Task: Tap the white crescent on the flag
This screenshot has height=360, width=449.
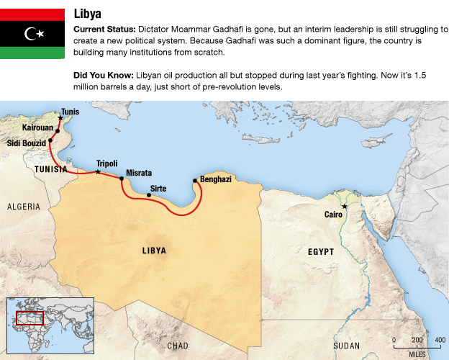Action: point(30,33)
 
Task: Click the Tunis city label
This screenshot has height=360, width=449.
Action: point(71,112)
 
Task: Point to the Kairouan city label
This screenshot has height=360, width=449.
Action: point(37,127)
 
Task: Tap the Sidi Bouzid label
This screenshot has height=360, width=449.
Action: point(26,144)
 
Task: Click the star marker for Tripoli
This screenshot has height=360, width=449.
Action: point(98,171)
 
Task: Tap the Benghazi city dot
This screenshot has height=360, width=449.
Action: point(195,180)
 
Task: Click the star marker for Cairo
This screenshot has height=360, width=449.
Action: point(345,207)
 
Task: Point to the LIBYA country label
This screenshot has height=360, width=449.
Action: point(154,251)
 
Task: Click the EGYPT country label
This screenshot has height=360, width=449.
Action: point(321,252)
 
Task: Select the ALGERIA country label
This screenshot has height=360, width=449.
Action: point(24,207)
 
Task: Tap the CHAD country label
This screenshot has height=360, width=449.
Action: point(178,346)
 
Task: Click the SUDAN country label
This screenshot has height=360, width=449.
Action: point(346,346)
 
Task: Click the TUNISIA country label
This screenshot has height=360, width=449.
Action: point(51,169)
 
